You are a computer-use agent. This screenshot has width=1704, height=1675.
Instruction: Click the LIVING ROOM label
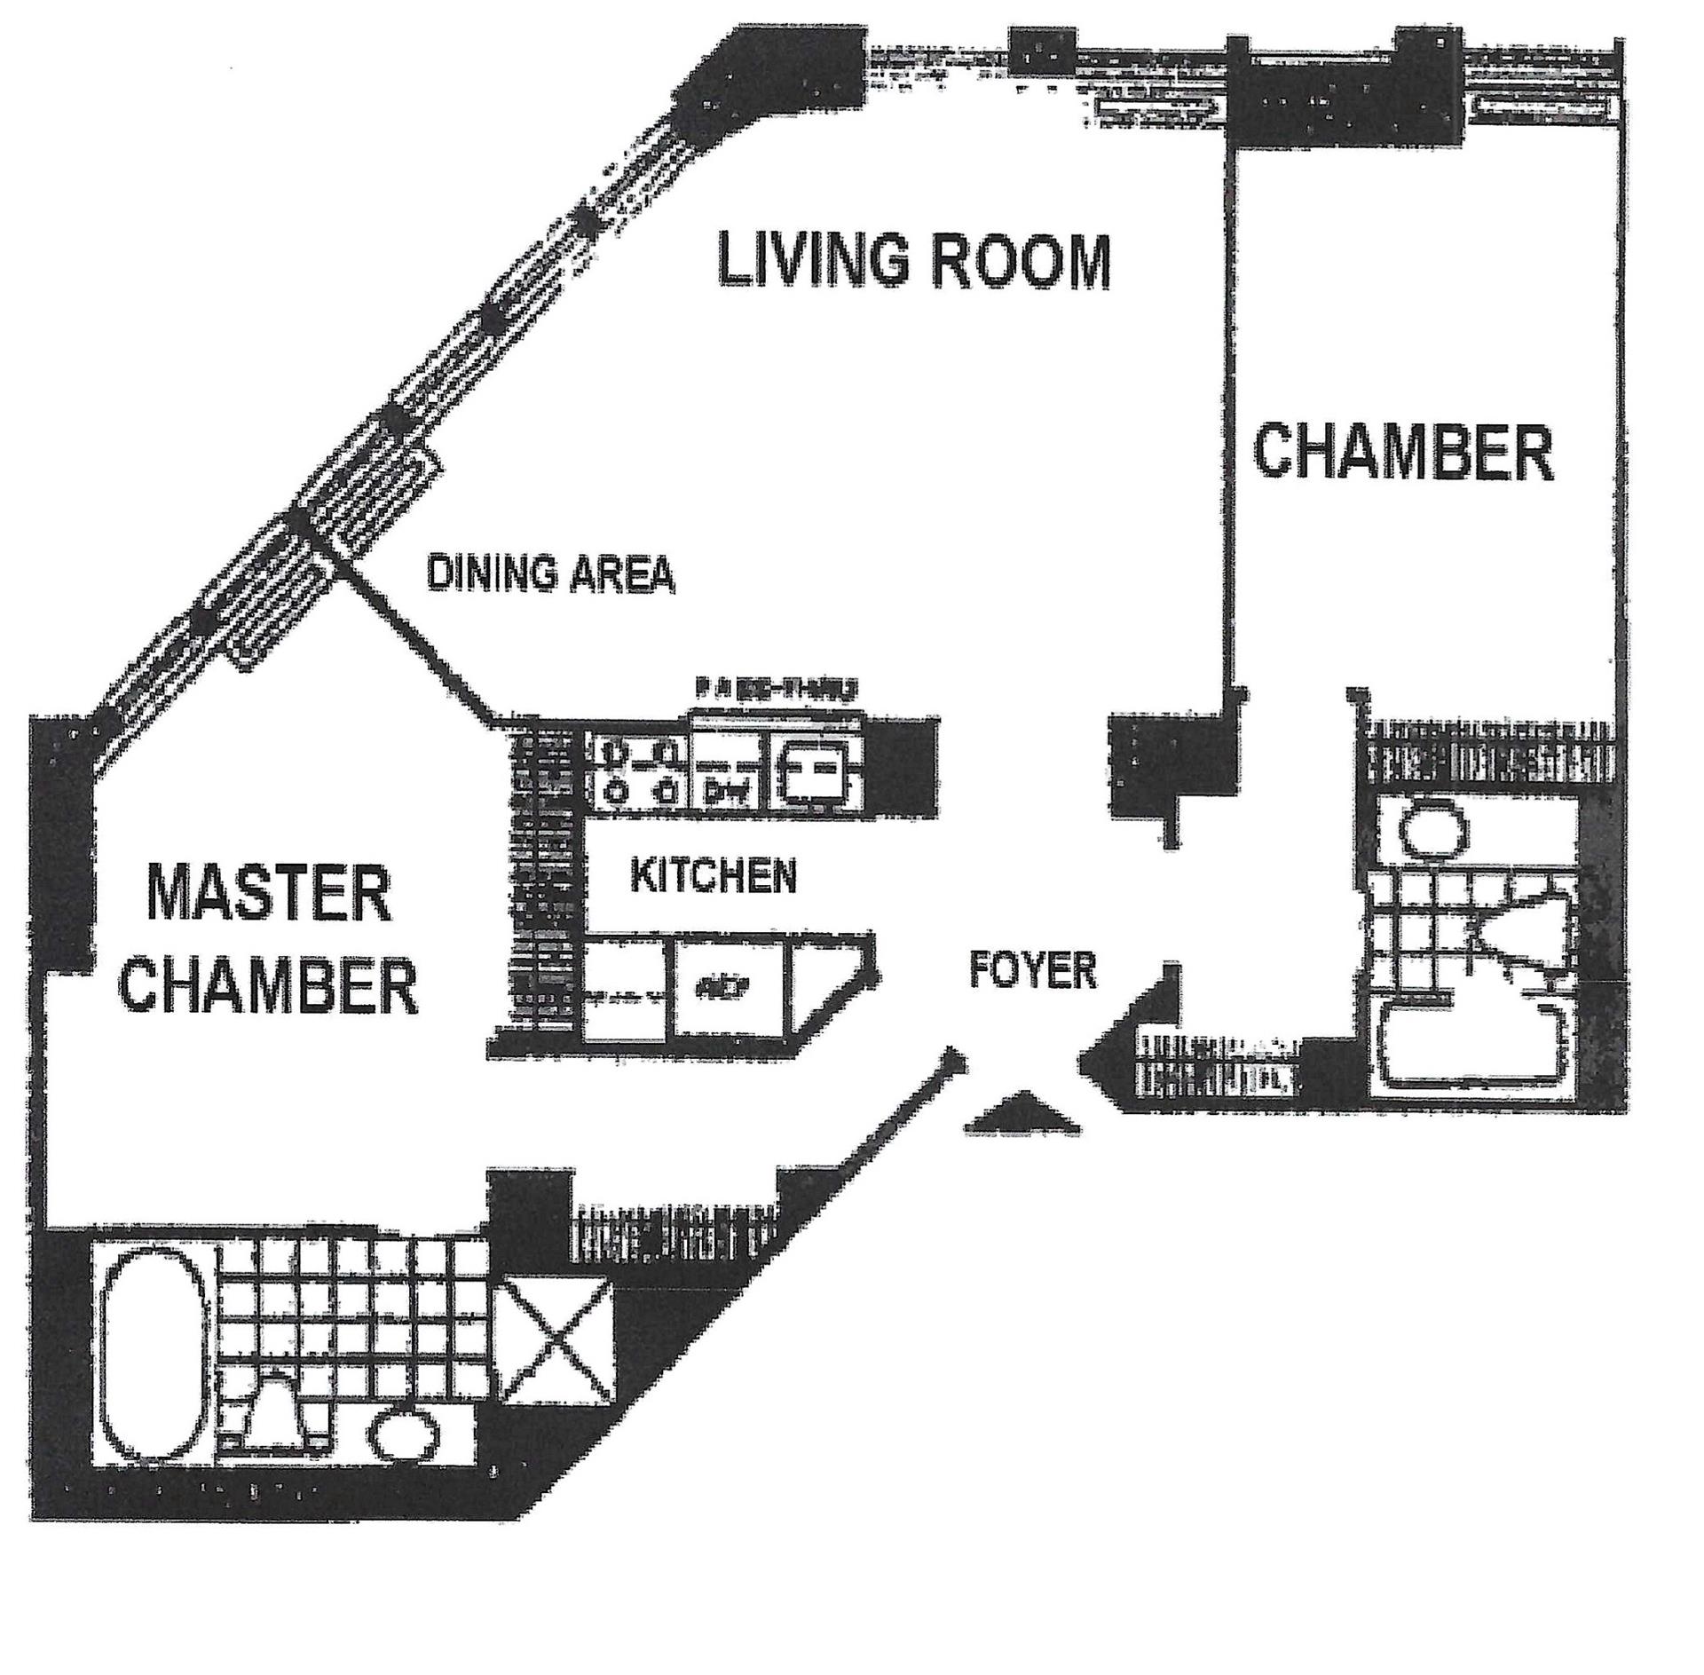pos(913,260)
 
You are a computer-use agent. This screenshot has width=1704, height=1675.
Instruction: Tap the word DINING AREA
pos(550,573)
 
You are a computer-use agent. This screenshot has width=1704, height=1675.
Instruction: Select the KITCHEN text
pos(713,876)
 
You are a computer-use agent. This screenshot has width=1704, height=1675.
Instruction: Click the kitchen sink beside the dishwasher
pos(815,770)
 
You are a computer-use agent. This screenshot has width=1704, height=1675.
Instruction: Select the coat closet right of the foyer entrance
pos(1213,1063)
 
